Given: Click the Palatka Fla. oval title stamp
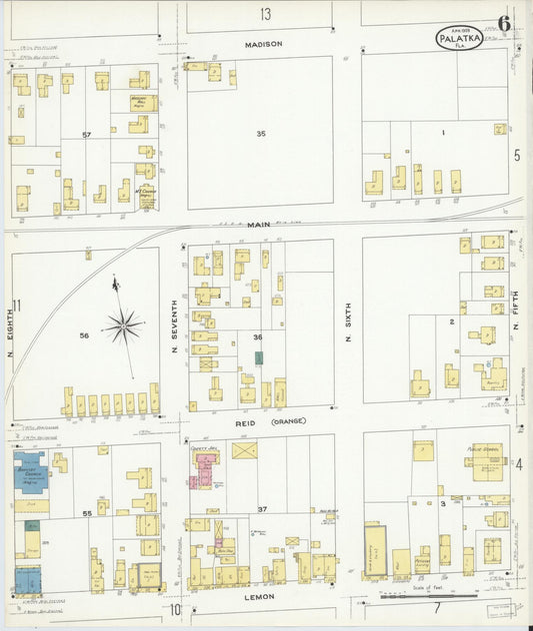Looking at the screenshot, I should click(x=459, y=39).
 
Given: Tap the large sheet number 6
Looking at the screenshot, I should click(x=504, y=24).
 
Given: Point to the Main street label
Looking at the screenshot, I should click(x=261, y=227).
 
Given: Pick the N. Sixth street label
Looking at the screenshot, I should click(x=349, y=324).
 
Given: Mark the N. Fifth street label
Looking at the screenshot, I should click(x=516, y=324).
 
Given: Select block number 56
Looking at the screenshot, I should click(x=84, y=335).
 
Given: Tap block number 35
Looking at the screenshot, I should click(x=261, y=133).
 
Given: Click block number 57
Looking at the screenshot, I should click(x=87, y=135).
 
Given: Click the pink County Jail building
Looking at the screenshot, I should click(x=206, y=469).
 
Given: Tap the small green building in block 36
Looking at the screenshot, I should click(x=259, y=356).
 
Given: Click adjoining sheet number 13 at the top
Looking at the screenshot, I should click(x=265, y=14).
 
